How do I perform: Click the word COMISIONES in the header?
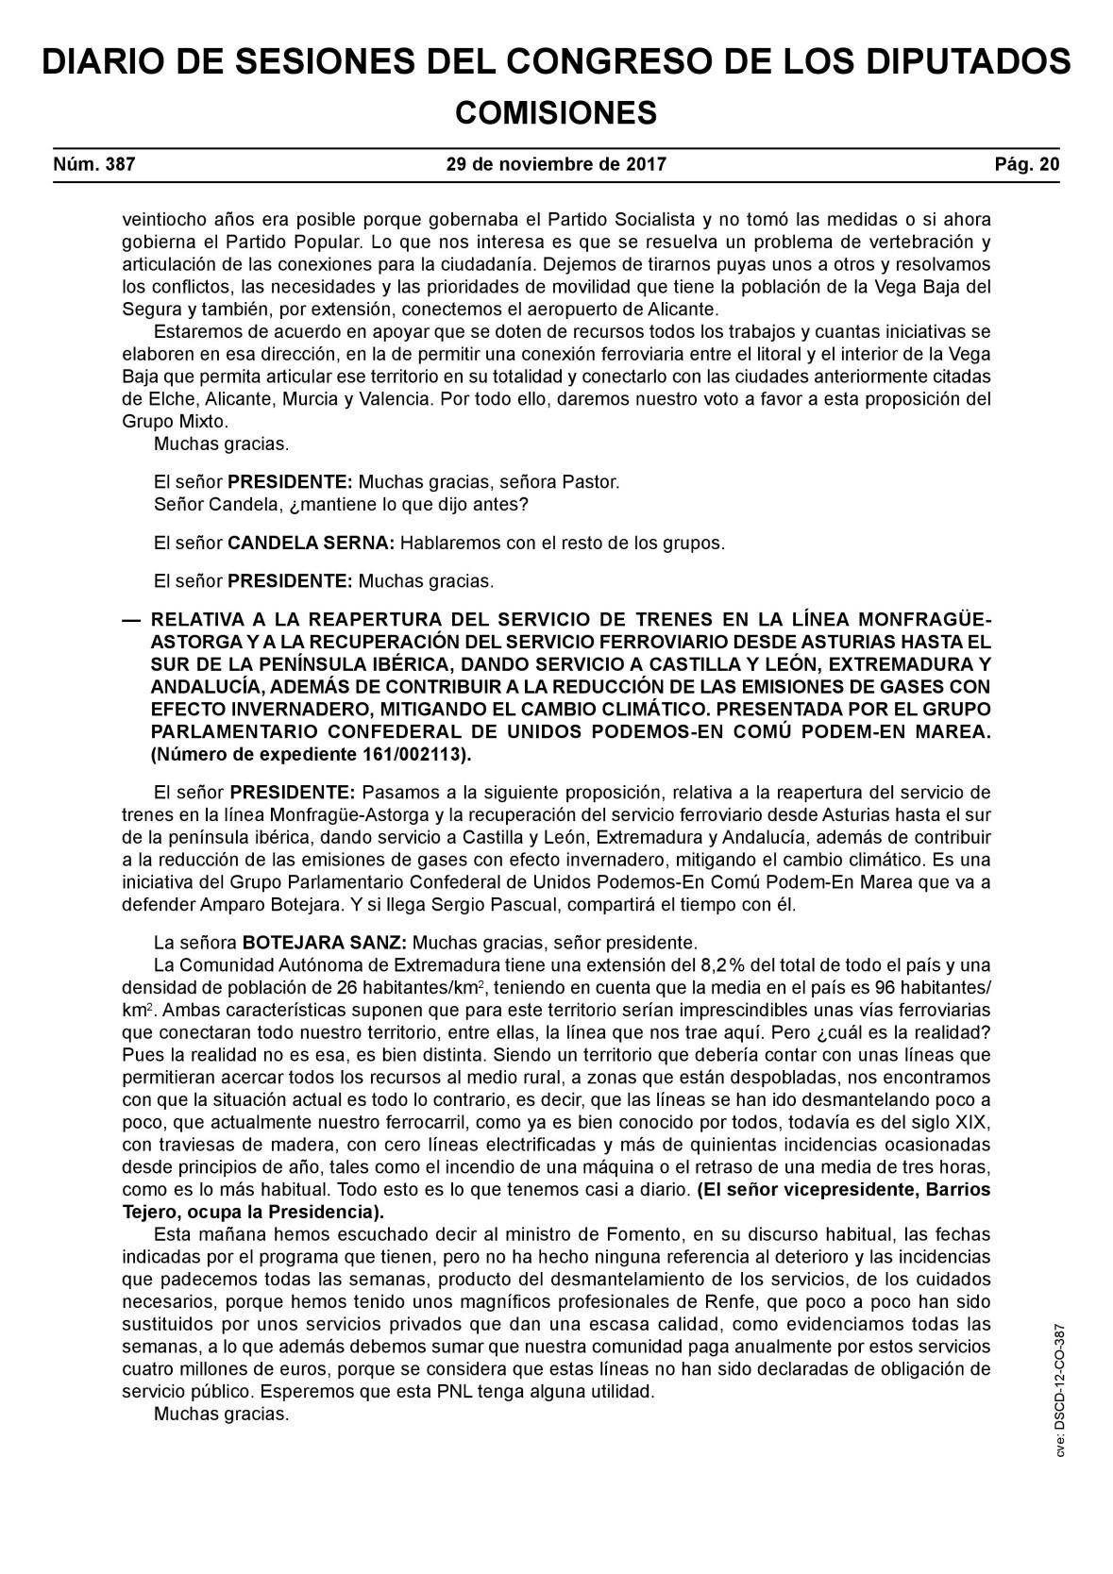pos(555,113)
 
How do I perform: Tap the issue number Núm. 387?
pos(94,164)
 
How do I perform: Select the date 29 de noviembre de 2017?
pos(556,164)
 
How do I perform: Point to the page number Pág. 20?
pos(1027,164)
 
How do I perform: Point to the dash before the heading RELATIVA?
pos(131,620)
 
